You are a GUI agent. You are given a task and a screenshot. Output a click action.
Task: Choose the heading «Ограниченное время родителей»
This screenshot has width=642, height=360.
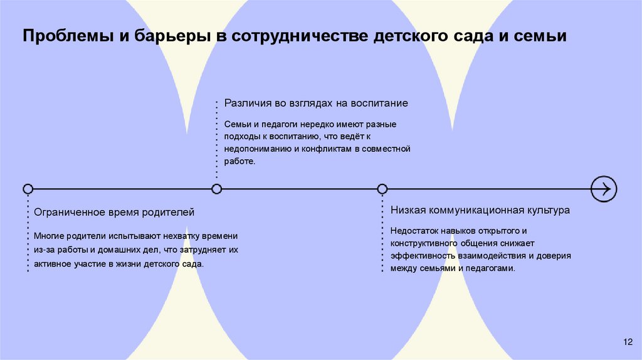coord(113,212)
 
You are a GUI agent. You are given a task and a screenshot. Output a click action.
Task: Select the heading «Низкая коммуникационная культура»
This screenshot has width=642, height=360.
coord(480,210)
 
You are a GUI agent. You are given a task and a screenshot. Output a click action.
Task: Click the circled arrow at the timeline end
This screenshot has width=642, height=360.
coord(604,188)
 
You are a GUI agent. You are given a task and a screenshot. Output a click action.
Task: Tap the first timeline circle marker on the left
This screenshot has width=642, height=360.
coord(28,188)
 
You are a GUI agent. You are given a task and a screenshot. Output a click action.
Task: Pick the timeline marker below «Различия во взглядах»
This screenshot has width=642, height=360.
coord(217,188)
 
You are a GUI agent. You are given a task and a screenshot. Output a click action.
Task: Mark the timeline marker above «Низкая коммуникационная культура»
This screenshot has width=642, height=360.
coord(382,188)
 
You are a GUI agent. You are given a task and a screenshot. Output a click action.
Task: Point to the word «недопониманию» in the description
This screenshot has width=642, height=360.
coord(256,149)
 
